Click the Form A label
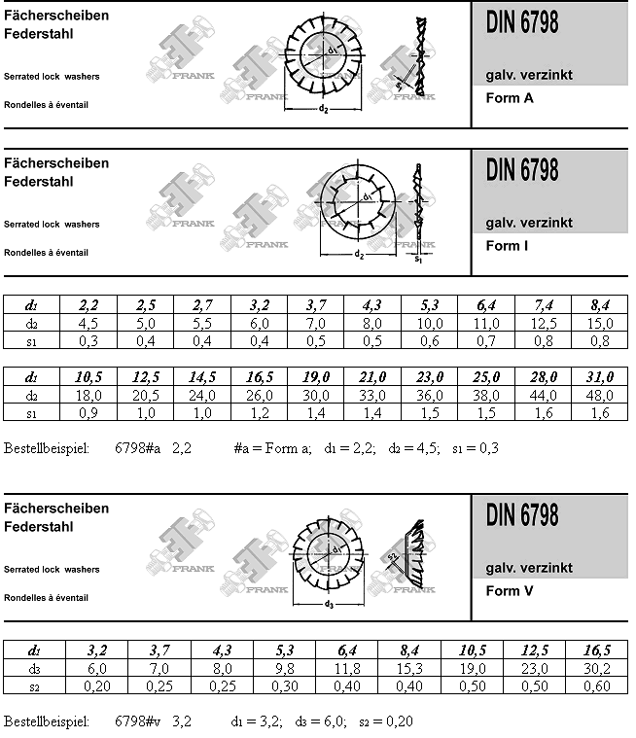coord(510,97)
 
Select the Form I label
coord(508,246)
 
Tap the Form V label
coord(509,591)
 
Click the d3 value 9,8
coord(285,668)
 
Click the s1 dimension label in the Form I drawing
coord(419,260)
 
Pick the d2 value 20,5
coord(146,395)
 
